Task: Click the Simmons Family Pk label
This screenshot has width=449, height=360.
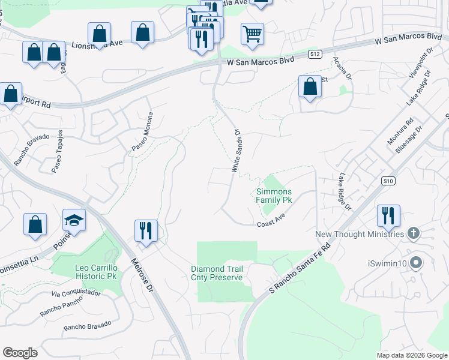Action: pos(274,196)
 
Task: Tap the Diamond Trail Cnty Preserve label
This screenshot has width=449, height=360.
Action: pos(217,273)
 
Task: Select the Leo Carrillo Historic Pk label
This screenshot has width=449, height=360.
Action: pos(95,271)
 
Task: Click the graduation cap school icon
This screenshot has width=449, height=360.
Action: pos(74,220)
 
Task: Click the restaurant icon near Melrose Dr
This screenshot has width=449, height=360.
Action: pos(145,230)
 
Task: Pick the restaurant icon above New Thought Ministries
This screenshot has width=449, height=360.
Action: pos(388,215)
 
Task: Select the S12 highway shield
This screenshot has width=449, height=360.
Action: pos(315,54)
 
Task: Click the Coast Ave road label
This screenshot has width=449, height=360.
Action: pos(270,223)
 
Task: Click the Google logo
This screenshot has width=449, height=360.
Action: pos(20,353)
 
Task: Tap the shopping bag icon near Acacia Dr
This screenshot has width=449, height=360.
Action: pos(310,86)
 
